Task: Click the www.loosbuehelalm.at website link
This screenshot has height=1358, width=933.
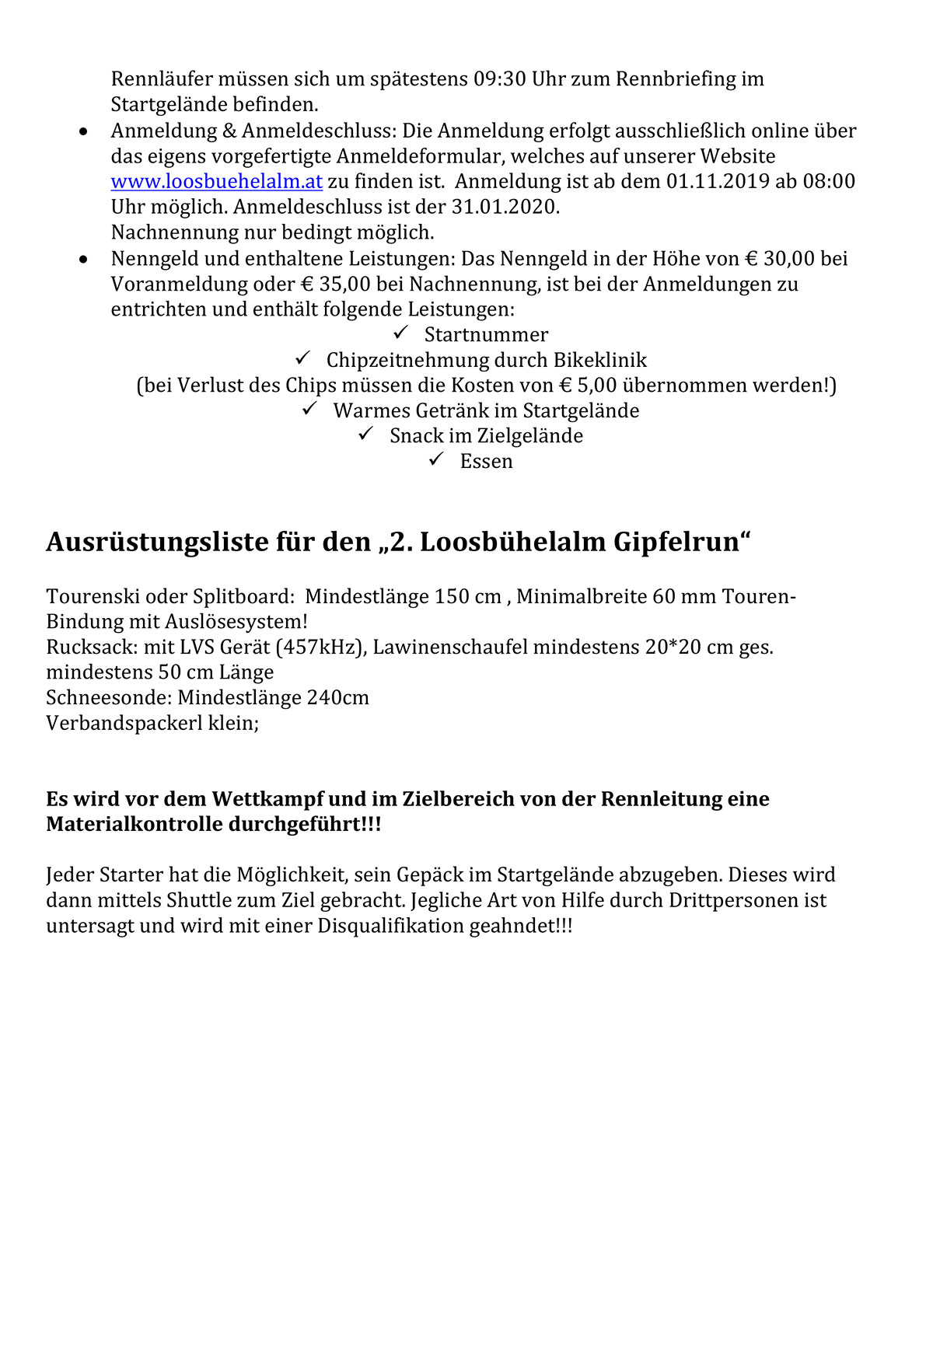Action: click(x=216, y=182)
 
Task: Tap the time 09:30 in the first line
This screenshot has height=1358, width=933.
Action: click(x=500, y=79)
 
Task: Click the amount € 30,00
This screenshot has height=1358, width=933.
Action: click(x=780, y=259)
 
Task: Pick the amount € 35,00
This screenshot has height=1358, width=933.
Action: click(x=335, y=285)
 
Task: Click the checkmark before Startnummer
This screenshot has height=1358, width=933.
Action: click(x=401, y=333)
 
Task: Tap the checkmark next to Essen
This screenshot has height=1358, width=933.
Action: click(x=436, y=459)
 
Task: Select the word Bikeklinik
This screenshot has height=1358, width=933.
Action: click(x=600, y=361)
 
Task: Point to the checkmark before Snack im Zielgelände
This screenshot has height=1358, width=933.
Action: click(x=366, y=434)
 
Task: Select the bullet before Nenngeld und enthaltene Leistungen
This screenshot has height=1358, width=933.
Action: click(x=84, y=260)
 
